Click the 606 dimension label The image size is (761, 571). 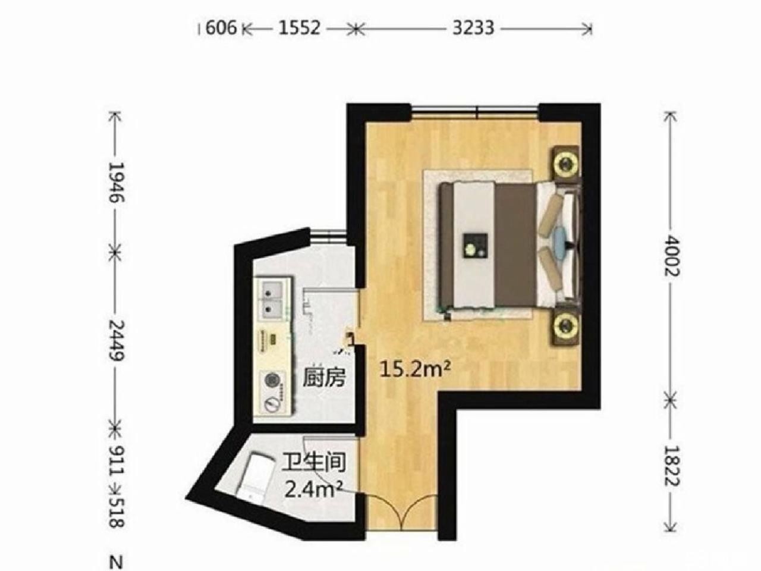[221, 28]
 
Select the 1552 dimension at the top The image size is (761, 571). [299, 28]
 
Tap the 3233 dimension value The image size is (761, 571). [473, 28]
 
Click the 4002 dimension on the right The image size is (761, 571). [672, 256]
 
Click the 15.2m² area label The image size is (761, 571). [416, 369]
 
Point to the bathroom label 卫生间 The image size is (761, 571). [314, 462]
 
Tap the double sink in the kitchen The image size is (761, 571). [272, 299]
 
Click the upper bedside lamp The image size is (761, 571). [566, 162]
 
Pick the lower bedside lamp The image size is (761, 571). [566, 325]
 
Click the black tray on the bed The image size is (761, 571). [476, 245]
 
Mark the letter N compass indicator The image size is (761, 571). [117, 562]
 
